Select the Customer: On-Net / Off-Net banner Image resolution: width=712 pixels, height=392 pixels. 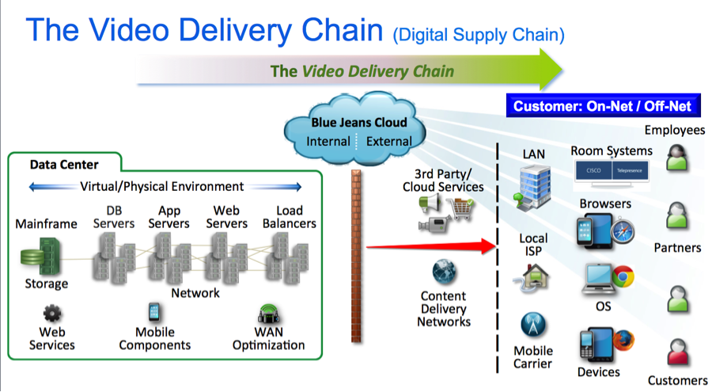point(601,106)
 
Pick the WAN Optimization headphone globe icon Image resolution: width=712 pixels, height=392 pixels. point(267,314)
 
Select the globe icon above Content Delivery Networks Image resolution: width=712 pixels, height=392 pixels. point(444,272)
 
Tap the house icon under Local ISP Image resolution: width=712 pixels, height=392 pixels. point(531,276)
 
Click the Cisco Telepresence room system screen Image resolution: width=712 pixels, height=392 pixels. point(612,169)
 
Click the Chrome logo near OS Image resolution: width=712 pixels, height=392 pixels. point(622,277)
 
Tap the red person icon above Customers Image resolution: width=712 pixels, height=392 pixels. point(678,352)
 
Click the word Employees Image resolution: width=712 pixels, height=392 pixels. point(674,130)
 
